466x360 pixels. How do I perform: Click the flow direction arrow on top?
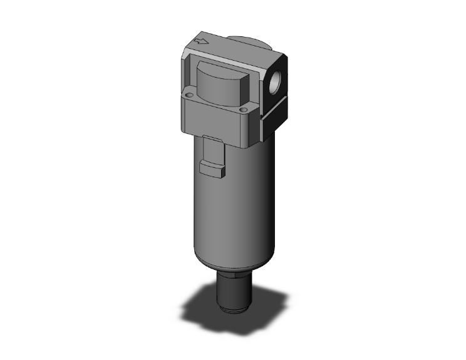202,43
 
